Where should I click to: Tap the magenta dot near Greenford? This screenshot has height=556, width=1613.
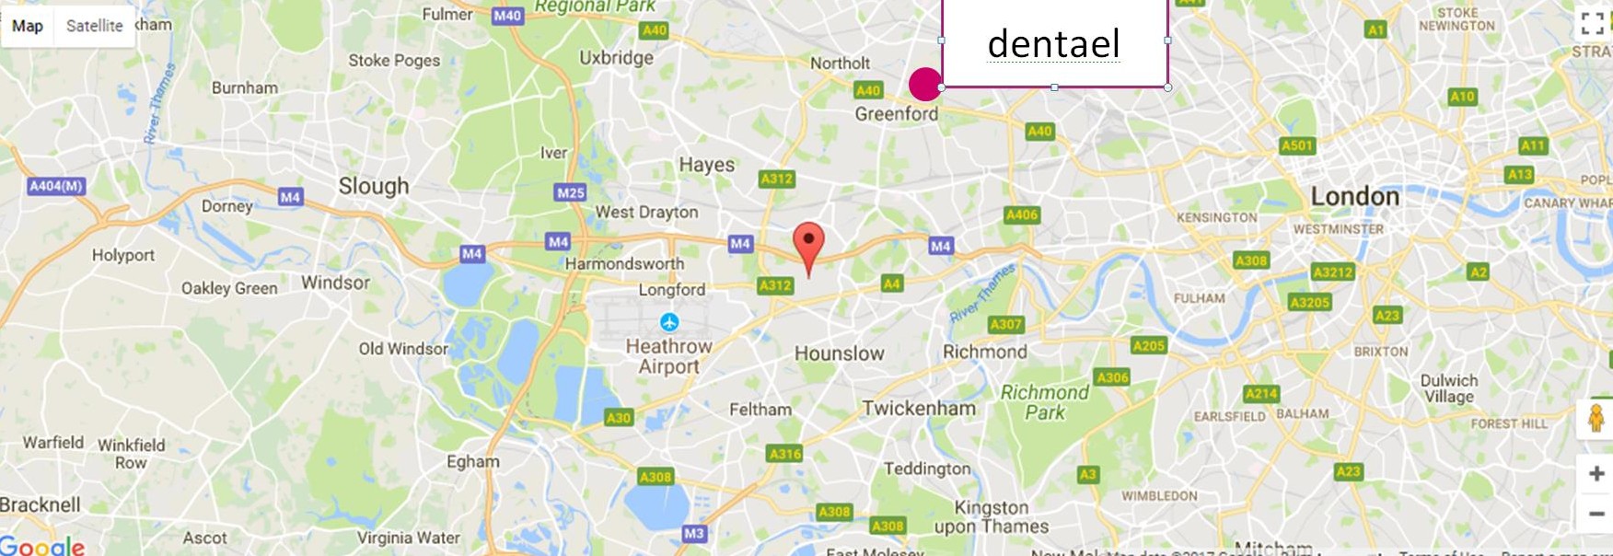coord(924,84)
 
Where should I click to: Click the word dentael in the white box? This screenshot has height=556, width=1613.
coord(1053,43)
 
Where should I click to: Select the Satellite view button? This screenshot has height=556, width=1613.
coord(94,26)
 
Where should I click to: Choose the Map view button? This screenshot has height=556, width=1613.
coord(28,26)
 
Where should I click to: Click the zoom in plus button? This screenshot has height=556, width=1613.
coord(1596,473)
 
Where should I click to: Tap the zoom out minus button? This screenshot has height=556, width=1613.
coord(1596,514)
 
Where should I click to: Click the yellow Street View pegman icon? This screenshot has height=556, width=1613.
coord(1596,418)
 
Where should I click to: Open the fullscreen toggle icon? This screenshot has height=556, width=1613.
coord(1592,24)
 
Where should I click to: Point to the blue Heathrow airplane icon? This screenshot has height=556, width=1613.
coord(669,322)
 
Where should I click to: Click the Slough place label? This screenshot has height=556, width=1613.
coord(374,186)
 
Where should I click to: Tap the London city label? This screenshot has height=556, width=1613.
coord(1354,196)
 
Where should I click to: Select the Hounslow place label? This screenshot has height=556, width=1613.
coord(839,353)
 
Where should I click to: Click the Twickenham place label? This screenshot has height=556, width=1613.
coord(918,409)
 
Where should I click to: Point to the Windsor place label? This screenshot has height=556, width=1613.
coord(335,283)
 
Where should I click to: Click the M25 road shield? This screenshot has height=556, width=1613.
coord(570,192)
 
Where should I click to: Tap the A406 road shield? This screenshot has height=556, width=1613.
coord(1021,215)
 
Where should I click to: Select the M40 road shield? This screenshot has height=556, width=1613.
coord(507,16)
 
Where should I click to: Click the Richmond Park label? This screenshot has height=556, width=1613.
coord(1044,402)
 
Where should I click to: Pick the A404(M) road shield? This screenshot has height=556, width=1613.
coord(56,186)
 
